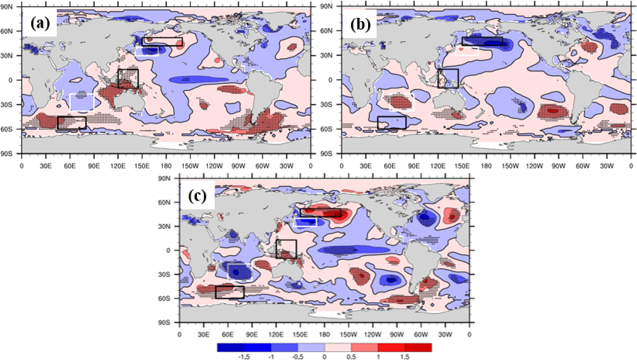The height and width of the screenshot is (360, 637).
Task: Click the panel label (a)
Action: [40, 24]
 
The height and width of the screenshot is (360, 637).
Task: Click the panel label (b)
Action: [360, 24]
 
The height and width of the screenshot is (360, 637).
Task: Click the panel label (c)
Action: [198, 196]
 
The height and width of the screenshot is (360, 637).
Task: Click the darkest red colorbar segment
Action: [418, 347]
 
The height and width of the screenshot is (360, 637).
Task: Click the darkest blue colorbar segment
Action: [231, 347]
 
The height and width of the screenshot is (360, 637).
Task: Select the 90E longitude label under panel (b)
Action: [414, 166]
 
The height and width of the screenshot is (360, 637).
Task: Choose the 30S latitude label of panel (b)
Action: [326, 104]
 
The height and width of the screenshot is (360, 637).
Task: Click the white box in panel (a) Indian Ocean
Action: [82, 102]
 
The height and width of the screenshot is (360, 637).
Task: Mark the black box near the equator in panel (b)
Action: [448, 78]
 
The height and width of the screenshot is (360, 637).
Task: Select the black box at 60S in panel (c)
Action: [229, 292]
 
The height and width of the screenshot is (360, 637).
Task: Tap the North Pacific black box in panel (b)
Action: [482, 41]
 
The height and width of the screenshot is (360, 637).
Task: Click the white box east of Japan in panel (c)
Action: [305, 222]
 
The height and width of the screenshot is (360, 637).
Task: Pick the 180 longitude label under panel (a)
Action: [166, 166]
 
